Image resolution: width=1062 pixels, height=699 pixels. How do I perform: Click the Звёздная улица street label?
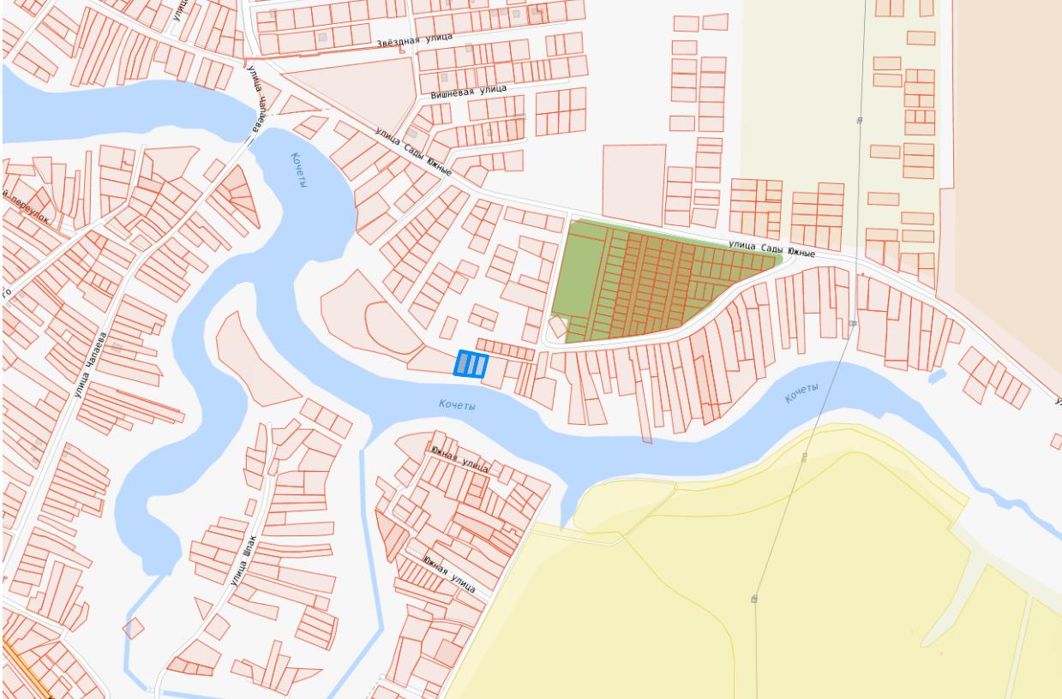414,40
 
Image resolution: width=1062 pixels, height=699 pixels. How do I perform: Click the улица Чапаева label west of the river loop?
93,365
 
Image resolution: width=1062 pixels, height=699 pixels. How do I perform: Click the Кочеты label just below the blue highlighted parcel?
456,404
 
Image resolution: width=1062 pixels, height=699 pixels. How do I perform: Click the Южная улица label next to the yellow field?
450,573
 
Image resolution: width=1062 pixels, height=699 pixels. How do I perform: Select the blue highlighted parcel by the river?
470,364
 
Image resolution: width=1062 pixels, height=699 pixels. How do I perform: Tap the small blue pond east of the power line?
937,375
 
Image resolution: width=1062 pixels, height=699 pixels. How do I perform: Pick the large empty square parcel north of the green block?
634,183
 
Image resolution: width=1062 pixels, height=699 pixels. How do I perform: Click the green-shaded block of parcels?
634,283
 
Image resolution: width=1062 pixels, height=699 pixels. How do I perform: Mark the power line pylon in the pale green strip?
859,121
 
